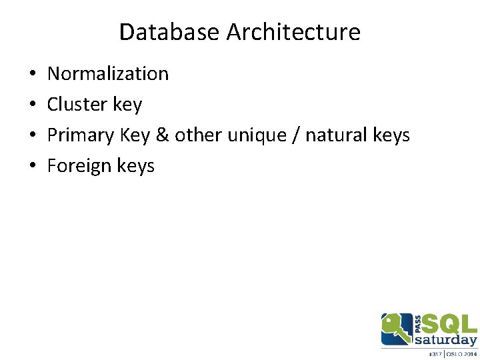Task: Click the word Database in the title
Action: point(169,31)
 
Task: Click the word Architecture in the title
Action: point(293,31)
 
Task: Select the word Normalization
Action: point(108,73)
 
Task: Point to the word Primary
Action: point(81,135)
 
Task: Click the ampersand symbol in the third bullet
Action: point(163,135)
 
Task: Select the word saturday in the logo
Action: point(445,340)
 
